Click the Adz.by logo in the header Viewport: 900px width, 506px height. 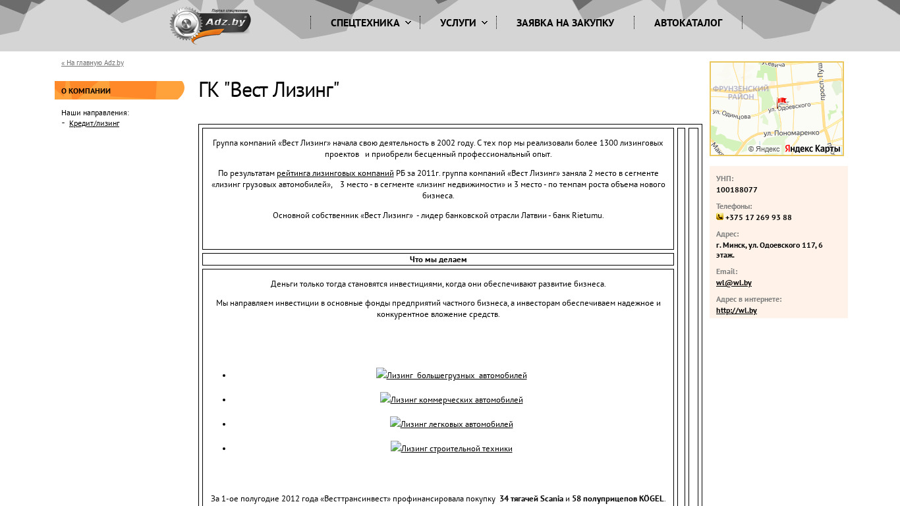pyautogui.click(x=210, y=25)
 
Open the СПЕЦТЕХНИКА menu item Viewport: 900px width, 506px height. pyautogui.click(x=371, y=23)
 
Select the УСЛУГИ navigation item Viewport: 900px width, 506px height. pyautogui.click(x=464, y=23)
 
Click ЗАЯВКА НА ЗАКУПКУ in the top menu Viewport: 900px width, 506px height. pyautogui.click(x=565, y=23)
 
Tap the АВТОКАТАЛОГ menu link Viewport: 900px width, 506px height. pyautogui.click(x=688, y=23)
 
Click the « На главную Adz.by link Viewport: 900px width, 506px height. pyautogui.click(x=92, y=63)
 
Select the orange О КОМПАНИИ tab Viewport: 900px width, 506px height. pyautogui.click(x=119, y=90)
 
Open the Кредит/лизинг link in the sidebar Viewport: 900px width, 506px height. pyautogui.click(x=94, y=123)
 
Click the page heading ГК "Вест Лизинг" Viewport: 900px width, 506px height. pyautogui.click(x=269, y=90)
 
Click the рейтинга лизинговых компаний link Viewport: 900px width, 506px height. pyautogui.click(x=335, y=173)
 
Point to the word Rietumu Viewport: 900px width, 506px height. pyautogui.click(x=587, y=215)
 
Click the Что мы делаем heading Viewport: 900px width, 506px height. pyautogui.click(x=438, y=260)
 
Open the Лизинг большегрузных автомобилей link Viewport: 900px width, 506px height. pyautogui.click(x=451, y=375)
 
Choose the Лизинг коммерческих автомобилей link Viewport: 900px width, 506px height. pyautogui.click(x=451, y=399)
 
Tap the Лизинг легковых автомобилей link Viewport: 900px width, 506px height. pyautogui.click(x=451, y=424)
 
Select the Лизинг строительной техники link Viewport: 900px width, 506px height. pyautogui.click(x=451, y=448)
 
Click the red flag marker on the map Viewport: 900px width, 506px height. pyautogui.click(x=781, y=102)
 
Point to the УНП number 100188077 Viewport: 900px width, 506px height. pyautogui.click(x=737, y=190)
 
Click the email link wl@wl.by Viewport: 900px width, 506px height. pyautogui.click(x=734, y=283)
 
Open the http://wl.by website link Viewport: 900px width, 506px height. pyautogui.click(x=737, y=310)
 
